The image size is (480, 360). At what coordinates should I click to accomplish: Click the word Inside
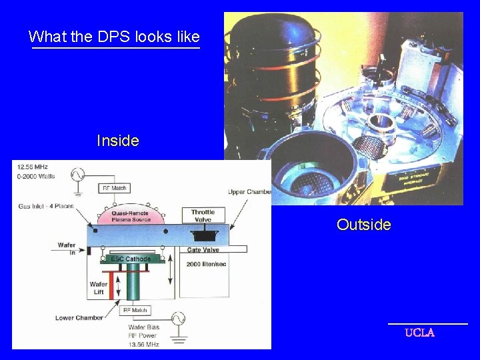pyautogui.click(x=117, y=141)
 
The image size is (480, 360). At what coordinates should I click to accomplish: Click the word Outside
pyautogui.click(x=363, y=225)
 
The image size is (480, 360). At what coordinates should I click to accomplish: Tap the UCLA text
pyautogui.click(x=420, y=333)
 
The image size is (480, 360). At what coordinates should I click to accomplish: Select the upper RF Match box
pyautogui.click(x=115, y=188)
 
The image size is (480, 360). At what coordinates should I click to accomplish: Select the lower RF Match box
pyautogui.click(x=135, y=309)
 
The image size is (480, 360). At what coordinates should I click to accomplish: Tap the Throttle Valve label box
pyautogui.click(x=203, y=215)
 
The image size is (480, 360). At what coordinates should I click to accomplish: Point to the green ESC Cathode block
pyautogui.click(x=131, y=259)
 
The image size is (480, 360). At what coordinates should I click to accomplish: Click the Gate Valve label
pyautogui.click(x=203, y=249)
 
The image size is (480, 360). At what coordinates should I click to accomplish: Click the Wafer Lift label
pyautogui.click(x=99, y=288)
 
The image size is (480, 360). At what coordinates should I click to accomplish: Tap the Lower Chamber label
pyautogui.click(x=80, y=317)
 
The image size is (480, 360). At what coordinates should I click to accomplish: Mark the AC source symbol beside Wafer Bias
pyautogui.click(x=179, y=319)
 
